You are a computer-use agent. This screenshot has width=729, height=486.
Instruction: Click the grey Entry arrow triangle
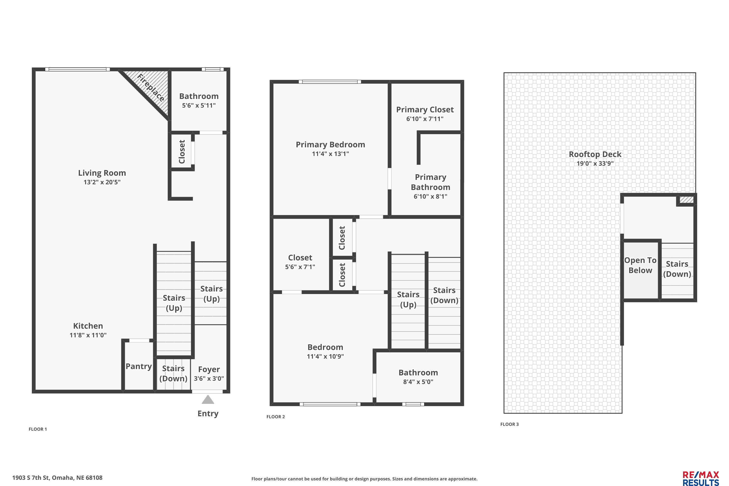pos(208,400)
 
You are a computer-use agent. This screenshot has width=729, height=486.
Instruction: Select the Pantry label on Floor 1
pos(139,366)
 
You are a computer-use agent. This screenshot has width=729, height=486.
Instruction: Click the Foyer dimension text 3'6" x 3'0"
pos(209,378)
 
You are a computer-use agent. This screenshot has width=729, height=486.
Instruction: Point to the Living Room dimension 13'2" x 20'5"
pos(102,182)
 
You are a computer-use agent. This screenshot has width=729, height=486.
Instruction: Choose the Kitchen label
pos(88,326)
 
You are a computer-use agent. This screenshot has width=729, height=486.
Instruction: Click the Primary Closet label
pos(425,110)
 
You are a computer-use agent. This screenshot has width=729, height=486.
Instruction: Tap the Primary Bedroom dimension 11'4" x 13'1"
pos(330,154)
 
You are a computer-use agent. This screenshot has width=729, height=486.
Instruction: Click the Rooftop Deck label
pos(595,154)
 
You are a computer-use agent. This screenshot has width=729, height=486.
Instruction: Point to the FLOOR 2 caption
pos(276,417)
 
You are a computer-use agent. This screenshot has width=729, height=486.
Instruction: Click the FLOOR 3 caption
pos(510,424)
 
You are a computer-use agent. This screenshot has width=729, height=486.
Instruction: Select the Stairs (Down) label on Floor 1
pos(173,373)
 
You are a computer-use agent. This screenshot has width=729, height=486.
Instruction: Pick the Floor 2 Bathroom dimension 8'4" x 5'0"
pos(418,382)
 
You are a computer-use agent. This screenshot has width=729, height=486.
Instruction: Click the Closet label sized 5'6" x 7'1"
pos(300,258)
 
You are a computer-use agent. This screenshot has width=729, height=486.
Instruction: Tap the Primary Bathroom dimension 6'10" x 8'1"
pos(431,196)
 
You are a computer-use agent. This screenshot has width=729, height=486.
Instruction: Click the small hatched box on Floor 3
pos(686,199)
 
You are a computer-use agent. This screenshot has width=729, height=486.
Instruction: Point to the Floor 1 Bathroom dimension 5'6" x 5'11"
pos(199,105)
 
